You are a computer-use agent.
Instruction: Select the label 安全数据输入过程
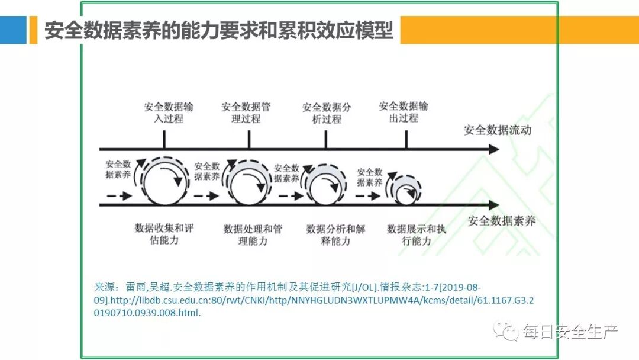pos(169,112)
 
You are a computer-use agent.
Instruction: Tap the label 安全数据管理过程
pos(246,112)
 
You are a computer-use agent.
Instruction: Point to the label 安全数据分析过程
pos(327,113)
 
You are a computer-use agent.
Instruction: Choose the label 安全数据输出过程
pos(404,112)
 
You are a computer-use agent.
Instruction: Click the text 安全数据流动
pos(498,130)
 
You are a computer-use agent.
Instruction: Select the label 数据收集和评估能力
pos(164,234)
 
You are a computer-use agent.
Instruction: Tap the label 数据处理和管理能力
pos(253,234)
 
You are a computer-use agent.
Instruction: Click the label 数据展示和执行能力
pos(417,234)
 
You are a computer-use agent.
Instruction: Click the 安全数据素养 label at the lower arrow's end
pos(502,221)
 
